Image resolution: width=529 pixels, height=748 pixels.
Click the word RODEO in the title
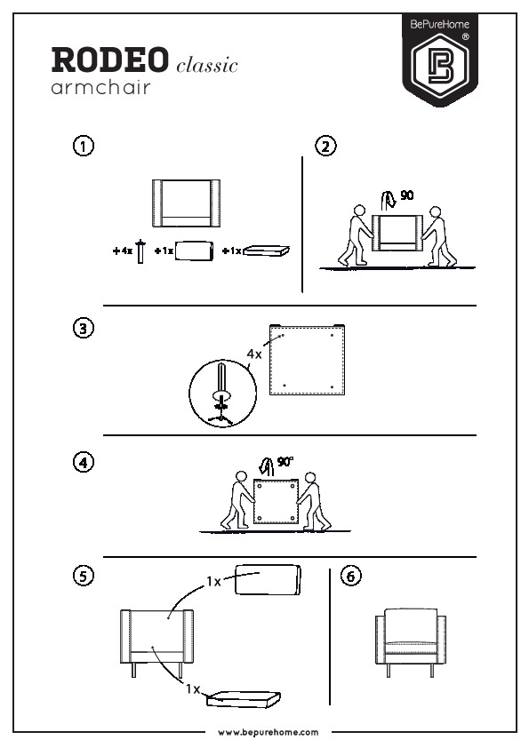pos(110,60)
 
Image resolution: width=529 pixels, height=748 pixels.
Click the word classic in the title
pos(207,65)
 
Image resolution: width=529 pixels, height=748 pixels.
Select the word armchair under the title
pos(100,87)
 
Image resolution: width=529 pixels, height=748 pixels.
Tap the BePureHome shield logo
pos(440,60)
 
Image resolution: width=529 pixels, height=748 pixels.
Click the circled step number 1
pos(83,146)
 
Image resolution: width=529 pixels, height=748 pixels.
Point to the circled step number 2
pos(325,146)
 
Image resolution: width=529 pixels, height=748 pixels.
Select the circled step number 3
pos(83,328)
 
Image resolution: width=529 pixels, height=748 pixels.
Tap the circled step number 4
pos(83,462)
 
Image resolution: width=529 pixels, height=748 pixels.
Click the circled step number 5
pos(83,576)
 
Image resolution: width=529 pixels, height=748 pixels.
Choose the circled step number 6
pos(351,576)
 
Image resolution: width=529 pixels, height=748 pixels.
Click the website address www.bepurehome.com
pos(269,732)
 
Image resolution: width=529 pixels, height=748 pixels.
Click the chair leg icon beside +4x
pos(140,251)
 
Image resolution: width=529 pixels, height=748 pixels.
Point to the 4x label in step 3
pos(254,354)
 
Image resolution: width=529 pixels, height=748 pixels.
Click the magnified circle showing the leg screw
pos(222,393)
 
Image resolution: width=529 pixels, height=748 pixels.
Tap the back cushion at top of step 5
pos(268,579)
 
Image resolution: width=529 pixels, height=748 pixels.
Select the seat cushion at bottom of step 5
pos(244,699)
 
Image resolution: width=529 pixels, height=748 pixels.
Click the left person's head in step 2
pos(359,211)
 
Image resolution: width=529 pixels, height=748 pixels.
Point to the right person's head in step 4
pos(310,478)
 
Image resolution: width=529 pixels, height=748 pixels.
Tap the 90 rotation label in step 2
pos(407,195)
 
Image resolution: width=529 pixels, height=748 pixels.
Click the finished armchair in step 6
pos(411,642)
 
